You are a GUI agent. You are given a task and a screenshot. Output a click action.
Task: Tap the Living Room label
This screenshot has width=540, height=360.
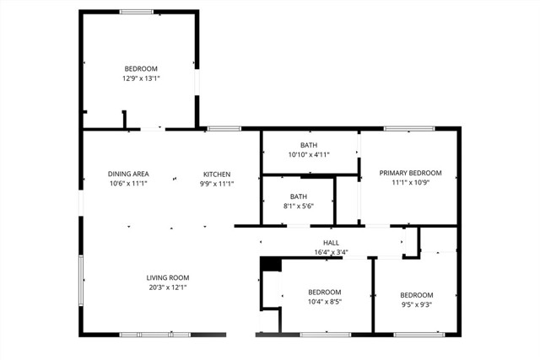click(x=168, y=277)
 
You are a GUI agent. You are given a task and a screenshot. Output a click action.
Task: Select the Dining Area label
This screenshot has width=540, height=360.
click(x=128, y=174)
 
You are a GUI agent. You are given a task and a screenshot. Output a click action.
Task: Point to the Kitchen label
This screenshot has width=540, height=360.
click(x=217, y=174)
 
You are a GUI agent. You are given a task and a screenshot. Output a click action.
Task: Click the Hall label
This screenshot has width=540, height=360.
click(x=330, y=242)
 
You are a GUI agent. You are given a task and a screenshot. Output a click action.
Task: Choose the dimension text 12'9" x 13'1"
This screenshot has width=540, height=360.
click(x=141, y=78)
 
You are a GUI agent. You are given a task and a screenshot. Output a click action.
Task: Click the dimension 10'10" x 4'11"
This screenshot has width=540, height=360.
click(x=308, y=154)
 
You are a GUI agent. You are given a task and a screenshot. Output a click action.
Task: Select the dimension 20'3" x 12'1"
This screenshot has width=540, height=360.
click(x=168, y=287)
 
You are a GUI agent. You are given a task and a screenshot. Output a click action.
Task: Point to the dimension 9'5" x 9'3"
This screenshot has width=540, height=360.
click(x=416, y=305)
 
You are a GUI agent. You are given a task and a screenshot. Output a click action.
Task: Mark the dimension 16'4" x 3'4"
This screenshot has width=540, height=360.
click(x=331, y=252)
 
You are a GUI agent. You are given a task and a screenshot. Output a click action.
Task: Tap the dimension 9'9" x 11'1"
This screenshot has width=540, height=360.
click(x=217, y=184)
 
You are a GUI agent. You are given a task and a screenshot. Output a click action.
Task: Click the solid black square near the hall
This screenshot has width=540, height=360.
click(x=270, y=265)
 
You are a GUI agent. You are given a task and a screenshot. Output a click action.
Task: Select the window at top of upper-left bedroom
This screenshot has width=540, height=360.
click(x=136, y=11)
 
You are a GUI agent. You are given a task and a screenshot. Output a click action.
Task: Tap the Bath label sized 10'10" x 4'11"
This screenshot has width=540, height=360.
click(x=308, y=144)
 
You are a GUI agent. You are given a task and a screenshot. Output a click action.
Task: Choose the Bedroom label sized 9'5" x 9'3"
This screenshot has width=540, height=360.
click(x=416, y=295)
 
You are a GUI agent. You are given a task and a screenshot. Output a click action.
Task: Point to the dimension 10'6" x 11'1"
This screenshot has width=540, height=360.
click(x=128, y=184)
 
